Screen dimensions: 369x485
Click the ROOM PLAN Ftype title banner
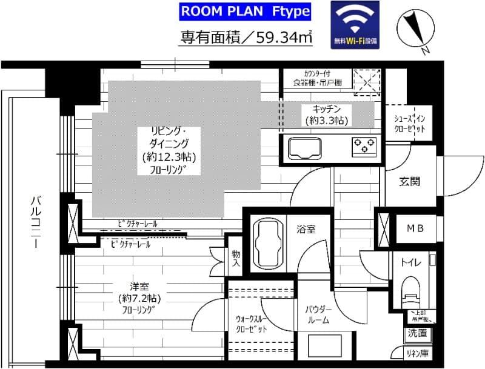pos(246,12)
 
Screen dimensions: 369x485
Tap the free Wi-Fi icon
pos(355,25)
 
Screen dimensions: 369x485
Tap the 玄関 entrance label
pos(410,181)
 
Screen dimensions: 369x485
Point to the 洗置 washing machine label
pos(417,333)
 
